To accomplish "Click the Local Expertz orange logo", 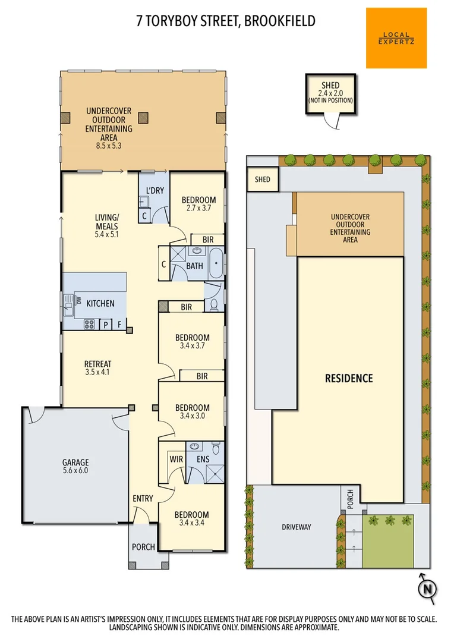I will pos(396,37).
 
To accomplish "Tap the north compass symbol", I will pos(427,588).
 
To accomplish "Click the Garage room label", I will pos(75,467).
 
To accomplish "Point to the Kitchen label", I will pos(100,303).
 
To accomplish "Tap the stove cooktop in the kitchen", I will pos(90,324).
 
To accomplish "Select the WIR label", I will pos(176,459).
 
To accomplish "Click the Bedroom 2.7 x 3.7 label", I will pos(198,204).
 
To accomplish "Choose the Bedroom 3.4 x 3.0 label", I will pos(192,411).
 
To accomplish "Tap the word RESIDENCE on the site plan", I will pos(348,378).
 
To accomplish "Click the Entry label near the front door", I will pos(143,499).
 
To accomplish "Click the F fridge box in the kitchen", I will pos(120,325).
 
